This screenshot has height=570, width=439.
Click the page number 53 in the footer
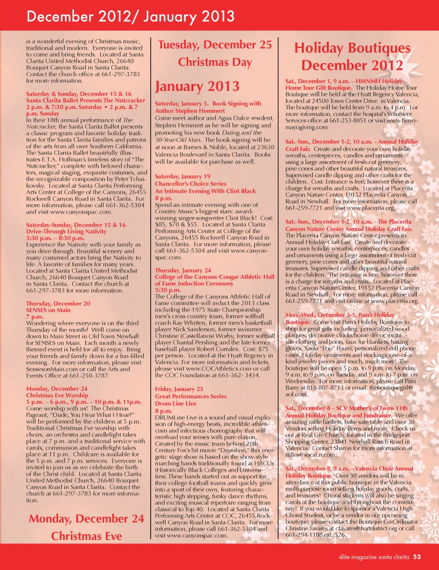pos(417,557)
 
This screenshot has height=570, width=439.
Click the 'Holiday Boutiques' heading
pos(352,48)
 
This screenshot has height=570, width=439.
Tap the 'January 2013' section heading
pos(197,86)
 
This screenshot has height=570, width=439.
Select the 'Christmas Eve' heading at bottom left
pos(86,536)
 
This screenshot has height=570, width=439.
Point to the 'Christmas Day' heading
pos(215,62)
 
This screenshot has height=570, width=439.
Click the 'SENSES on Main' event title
pos(48,310)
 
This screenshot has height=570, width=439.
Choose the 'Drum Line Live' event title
pos(176,403)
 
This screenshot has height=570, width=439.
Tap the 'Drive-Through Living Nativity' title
pos(66,231)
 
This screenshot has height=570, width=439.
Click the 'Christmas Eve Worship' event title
pos(57,395)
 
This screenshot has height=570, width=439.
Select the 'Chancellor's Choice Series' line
pos(191,183)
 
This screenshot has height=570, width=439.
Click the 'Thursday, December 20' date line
pos(58,303)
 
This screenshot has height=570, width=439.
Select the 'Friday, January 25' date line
pos(179,389)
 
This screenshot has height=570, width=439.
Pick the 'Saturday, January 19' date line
pos(182,176)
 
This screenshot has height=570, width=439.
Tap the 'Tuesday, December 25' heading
pos(215,45)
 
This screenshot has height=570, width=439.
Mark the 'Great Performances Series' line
pos(191,396)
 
